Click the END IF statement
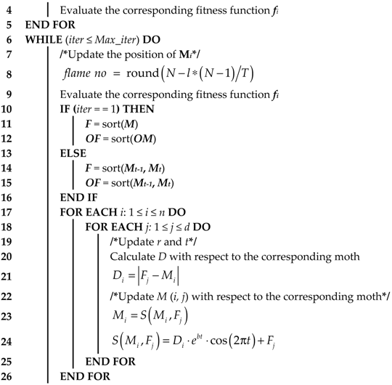[81, 197]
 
